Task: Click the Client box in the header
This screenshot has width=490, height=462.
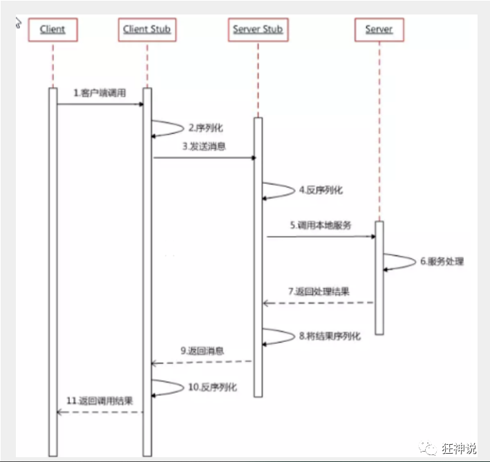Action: point(53,30)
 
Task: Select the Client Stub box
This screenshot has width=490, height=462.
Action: point(147,30)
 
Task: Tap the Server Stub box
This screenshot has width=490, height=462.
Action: point(256,30)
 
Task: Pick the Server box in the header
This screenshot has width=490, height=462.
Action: point(379,30)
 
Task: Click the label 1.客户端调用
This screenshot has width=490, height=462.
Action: point(100,93)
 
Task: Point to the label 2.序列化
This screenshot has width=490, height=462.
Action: point(206,128)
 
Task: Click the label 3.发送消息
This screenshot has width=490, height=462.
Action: point(204,146)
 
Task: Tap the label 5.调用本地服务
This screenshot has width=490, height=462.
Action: point(321,225)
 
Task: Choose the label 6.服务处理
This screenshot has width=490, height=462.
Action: point(442,262)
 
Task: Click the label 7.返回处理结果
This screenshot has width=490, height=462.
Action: point(319,291)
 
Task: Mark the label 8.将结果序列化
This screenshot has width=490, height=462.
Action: point(330,336)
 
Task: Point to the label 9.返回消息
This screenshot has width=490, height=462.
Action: point(202,351)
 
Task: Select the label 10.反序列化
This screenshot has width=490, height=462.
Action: point(212,387)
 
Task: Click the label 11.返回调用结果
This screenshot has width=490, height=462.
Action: point(100,401)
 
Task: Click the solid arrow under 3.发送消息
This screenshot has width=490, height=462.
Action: point(205,158)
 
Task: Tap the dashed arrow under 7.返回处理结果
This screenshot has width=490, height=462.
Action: point(318,303)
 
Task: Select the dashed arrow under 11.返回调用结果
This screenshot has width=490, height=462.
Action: point(100,412)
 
